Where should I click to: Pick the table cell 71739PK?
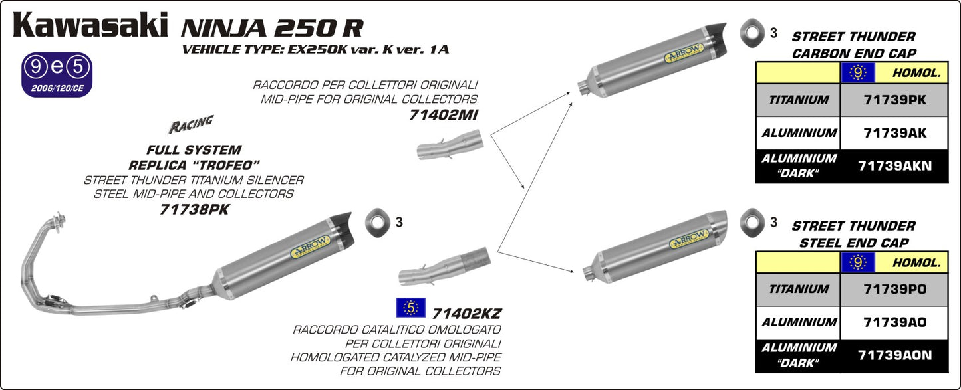click(894, 100)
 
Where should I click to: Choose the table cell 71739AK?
click(894, 133)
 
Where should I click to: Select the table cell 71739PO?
click(894, 289)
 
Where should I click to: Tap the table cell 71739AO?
click(894, 322)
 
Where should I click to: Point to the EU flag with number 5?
click(411, 308)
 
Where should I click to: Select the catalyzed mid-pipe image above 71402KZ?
click(445, 265)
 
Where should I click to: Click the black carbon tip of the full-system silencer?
click(342, 225)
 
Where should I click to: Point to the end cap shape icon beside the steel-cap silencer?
click(754, 219)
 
